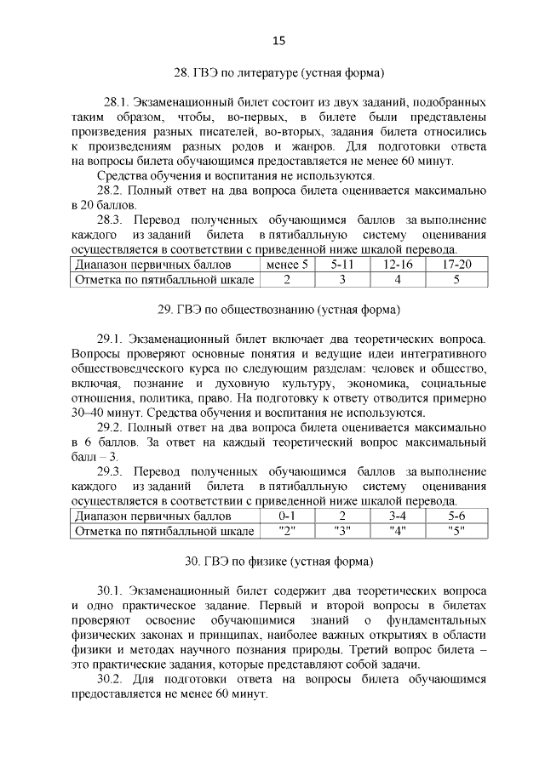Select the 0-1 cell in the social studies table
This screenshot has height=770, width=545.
[287, 516]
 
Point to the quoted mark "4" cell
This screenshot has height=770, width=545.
[398, 531]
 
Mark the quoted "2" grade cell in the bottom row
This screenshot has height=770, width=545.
[287, 531]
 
